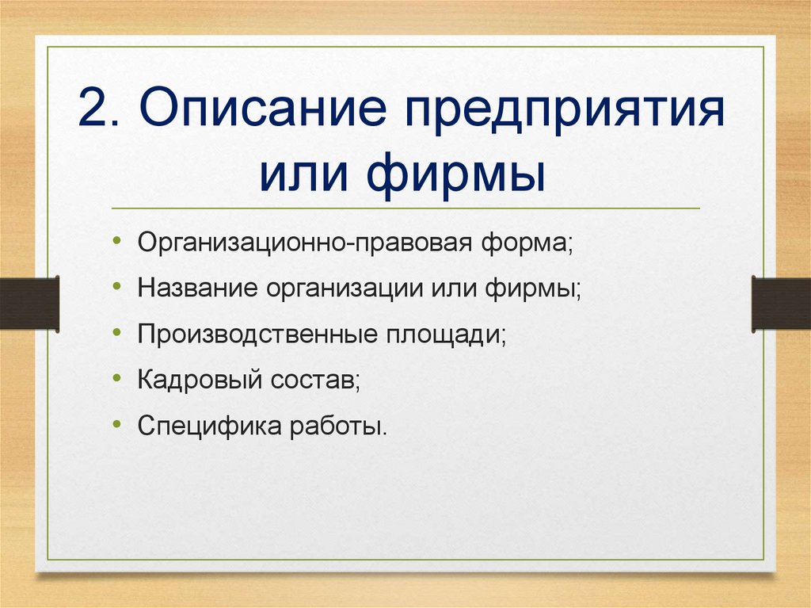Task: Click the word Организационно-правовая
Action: [x=305, y=243]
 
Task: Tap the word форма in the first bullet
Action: [x=527, y=243]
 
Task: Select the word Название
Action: [x=197, y=288]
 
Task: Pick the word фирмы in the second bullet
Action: [x=533, y=289]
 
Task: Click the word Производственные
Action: [x=257, y=335]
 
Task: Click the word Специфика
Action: [x=209, y=426]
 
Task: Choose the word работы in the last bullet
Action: [x=338, y=426]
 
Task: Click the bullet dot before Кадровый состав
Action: [x=117, y=378]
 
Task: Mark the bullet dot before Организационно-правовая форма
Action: [x=117, y=240]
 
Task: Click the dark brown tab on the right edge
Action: [x=781, y=304]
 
